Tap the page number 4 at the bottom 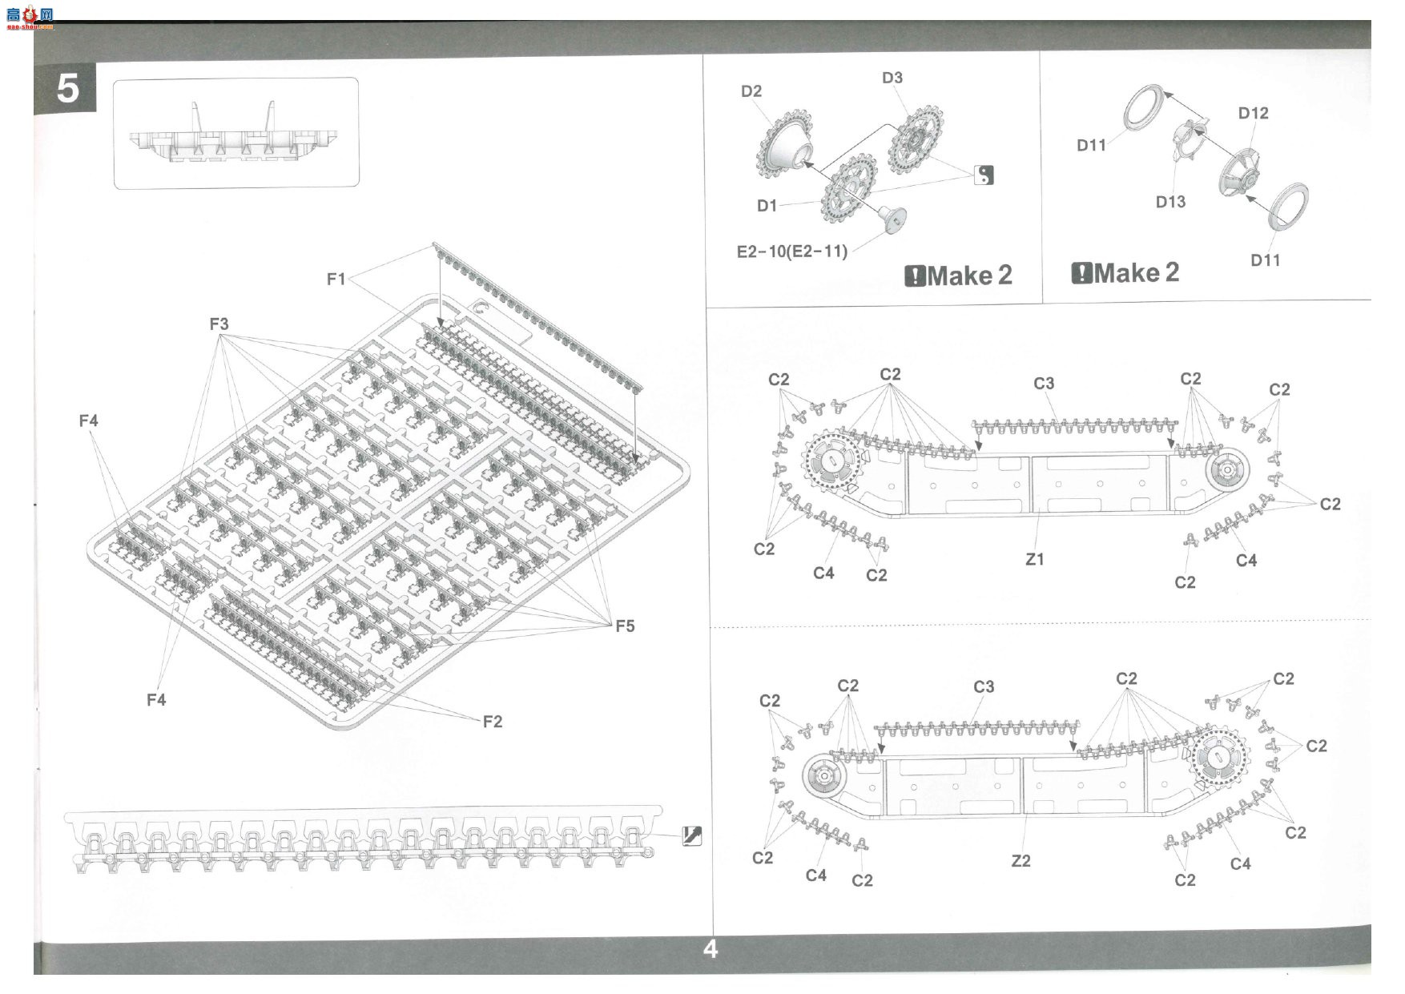tap(710, 949)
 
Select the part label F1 tap(336, 279)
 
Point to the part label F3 tap(219, 324)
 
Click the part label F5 tap(625, 626)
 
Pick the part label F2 tap(493, 722)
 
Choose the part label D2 tap(751, 91)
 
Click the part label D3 tap(892, 78)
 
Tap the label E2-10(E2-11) tap(792, 252)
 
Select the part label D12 tap(1254, 113)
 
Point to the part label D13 tap(1170, 202)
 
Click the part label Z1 tap(1035, 559)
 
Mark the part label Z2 tap(1021, 861)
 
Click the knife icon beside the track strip tap(691, 835)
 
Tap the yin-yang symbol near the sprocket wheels tap(984, 175)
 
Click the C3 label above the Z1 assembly tap(1044, 384)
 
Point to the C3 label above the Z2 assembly tap(984, 687)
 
